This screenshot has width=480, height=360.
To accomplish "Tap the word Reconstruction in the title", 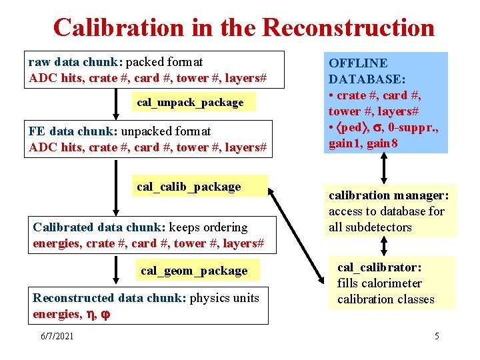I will click(x=348, y=27).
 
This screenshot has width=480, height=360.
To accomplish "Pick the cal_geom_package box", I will click(x=193, y=271).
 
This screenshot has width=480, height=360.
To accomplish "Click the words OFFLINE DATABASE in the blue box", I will click(x=358, y=71).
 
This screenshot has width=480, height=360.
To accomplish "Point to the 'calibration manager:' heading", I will click(x=389, y=195).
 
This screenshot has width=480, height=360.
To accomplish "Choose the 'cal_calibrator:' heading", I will click(x=379, y=267).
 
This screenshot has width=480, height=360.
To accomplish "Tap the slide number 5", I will click(x=437, y=336).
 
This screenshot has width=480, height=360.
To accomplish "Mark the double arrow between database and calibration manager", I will click(x=385, y=168).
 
